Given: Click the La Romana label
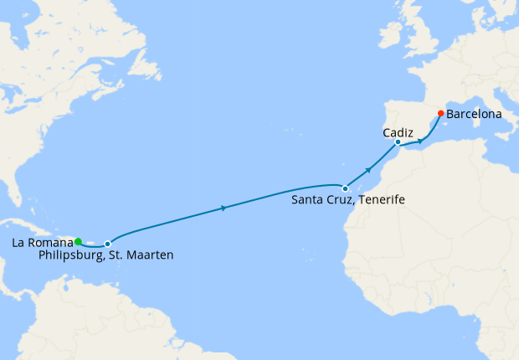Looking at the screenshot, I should (43, 244).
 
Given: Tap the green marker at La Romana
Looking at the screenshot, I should (78, 241).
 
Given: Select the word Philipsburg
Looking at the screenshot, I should (70, 255).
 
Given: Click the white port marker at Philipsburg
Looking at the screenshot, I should (107, 244).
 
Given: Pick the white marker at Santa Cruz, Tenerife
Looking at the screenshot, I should (345, 188).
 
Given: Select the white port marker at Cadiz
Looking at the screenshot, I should (398, 142).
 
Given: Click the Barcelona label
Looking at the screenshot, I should (475, 112).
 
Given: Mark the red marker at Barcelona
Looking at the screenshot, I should (440, 113).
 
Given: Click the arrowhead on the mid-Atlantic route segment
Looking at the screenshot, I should (224, 207).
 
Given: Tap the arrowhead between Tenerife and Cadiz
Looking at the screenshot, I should (368, 169).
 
